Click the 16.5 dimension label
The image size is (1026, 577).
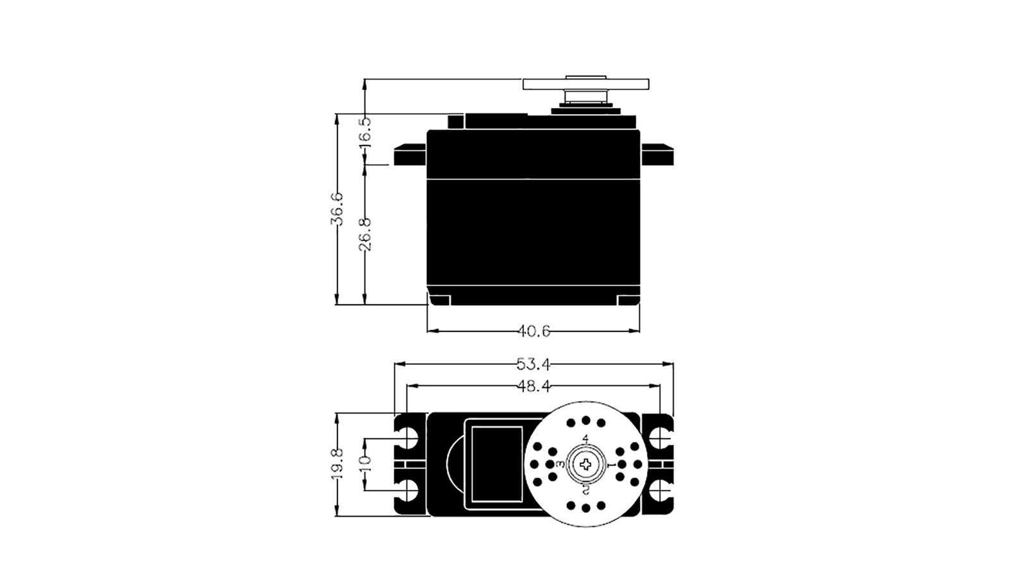[365, 131]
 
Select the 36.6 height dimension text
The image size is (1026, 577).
[337, 209]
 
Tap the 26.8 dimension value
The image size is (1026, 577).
[365, 234]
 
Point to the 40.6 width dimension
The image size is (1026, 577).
[534, 331]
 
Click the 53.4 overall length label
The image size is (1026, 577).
[534, 365]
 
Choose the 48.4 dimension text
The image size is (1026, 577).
[534, 387]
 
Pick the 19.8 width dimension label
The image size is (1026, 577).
[337, 464]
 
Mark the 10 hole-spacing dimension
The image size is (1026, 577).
[365, 465]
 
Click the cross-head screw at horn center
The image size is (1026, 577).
[586, 465]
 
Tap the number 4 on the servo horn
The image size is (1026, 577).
[585, 439]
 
